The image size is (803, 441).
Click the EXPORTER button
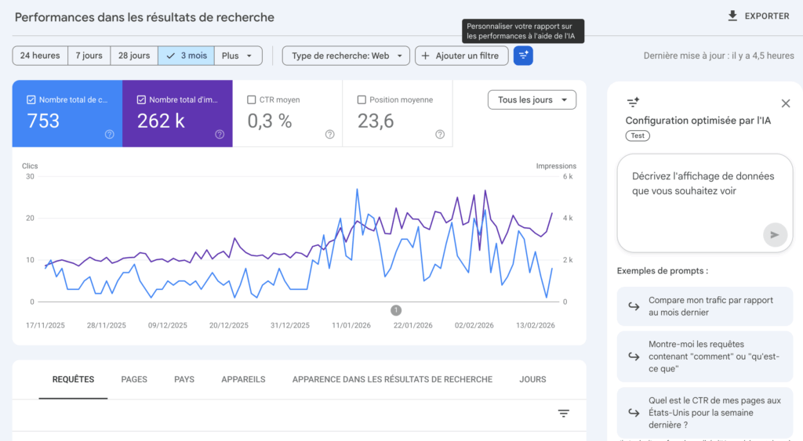click(x=758, y=16)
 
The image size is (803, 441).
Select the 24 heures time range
click(x=40, y=56)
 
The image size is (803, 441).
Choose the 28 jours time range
click(x=134, y=56)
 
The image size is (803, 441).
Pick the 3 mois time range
click(x=186, y=56)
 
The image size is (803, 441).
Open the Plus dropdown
click(x=238, y=56)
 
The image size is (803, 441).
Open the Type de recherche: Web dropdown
click(x=346, y=56)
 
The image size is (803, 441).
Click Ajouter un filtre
click(x=461, y=56)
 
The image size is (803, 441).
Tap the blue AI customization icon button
click(x=523, y=56)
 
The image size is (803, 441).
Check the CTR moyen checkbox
click(x=252, y=99)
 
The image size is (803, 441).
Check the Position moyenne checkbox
click(x=362, y=99)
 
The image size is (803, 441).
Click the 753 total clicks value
click(x=43, y=121)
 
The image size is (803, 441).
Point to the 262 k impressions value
click(x=161, y=121)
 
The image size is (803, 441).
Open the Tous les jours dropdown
click(x=532, y=99)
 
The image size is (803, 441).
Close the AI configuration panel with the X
click(x=786, y=103)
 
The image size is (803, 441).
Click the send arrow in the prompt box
click(x=775, y=234)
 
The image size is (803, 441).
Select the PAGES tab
click(x=134, y=379)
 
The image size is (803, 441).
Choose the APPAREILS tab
click(x=243, y=379)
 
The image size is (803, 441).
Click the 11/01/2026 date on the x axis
click(x=350, y=325)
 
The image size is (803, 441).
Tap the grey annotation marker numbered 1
click(x=396, y=310)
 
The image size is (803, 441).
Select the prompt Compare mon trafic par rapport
click(x=704, y=306)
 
